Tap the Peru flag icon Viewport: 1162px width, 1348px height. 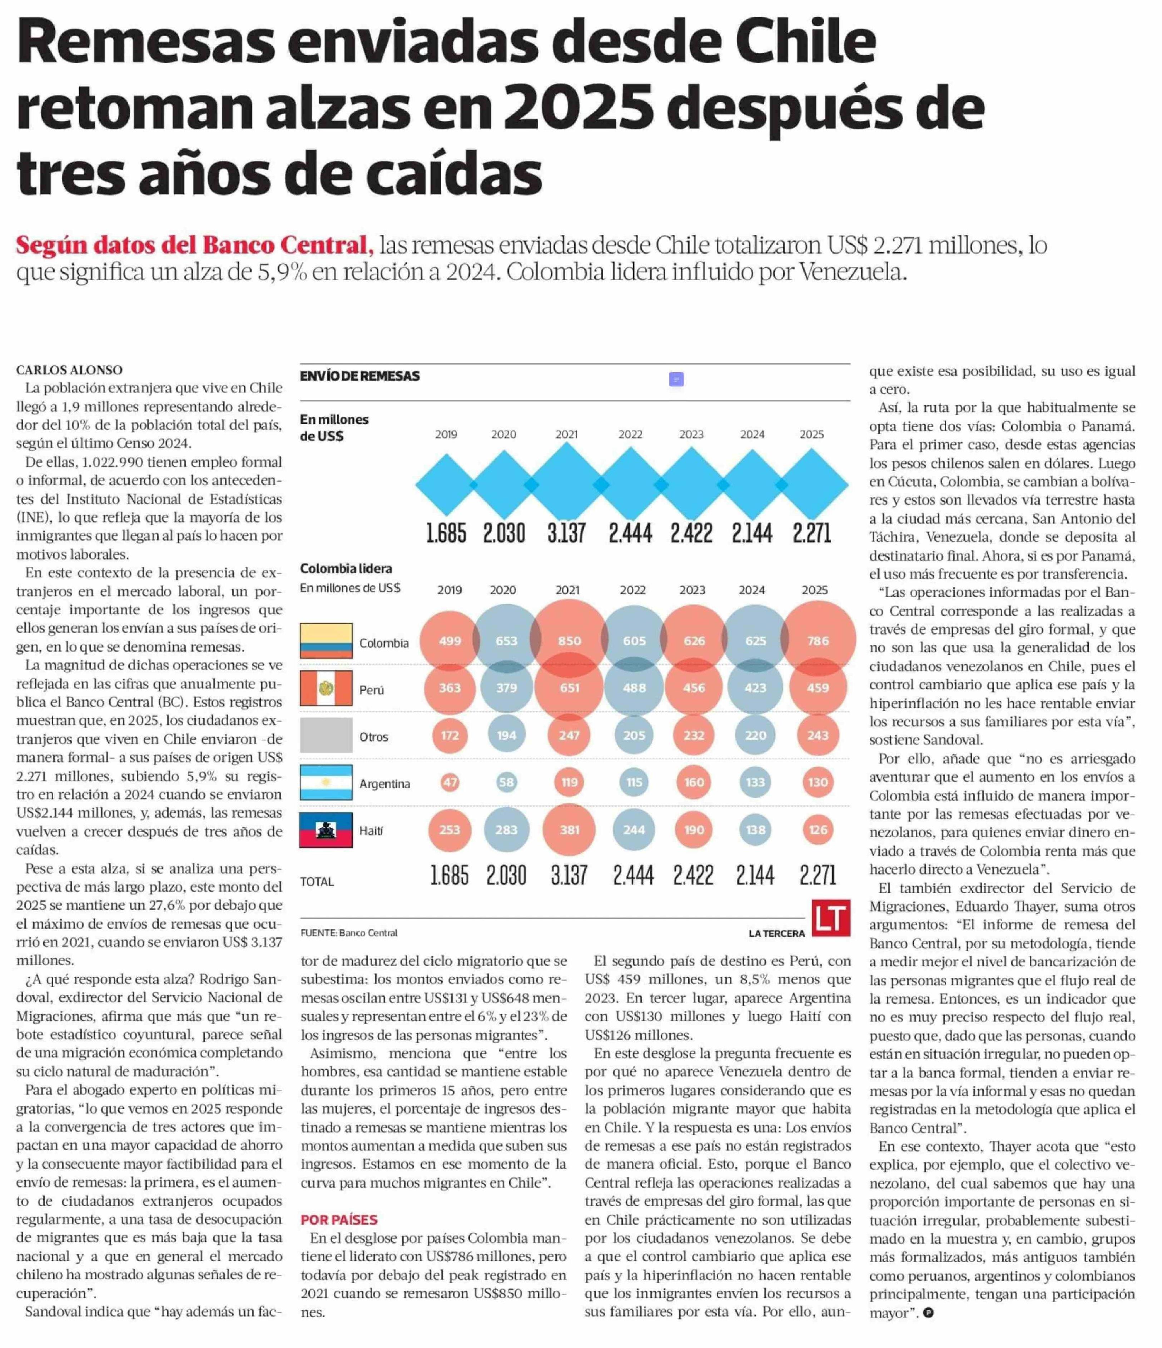(326, 688)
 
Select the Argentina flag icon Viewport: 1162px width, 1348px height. (326, 783)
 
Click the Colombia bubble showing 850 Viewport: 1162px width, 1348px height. (569, 641)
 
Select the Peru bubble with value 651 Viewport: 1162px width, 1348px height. (569, 688)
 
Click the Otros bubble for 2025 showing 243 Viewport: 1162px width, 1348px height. (818, 735)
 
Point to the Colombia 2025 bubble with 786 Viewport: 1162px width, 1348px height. (818, 641)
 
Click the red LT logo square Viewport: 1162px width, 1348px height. (831, 918)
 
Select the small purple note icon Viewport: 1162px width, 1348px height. (676, 379)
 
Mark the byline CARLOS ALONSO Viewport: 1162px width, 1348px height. (69, 370)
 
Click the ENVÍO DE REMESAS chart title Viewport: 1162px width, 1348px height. (360, 376)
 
